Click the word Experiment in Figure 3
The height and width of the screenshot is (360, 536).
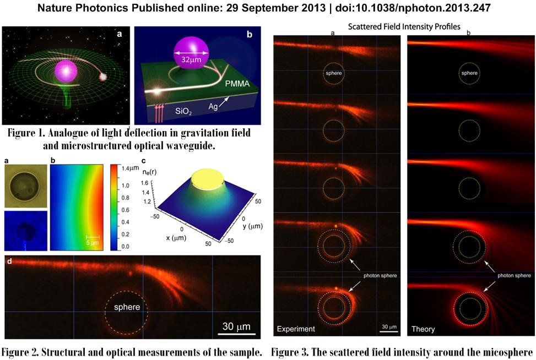point(297,329)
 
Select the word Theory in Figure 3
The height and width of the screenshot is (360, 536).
point(423,329)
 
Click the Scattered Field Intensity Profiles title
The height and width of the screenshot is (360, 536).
point(404,26)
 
